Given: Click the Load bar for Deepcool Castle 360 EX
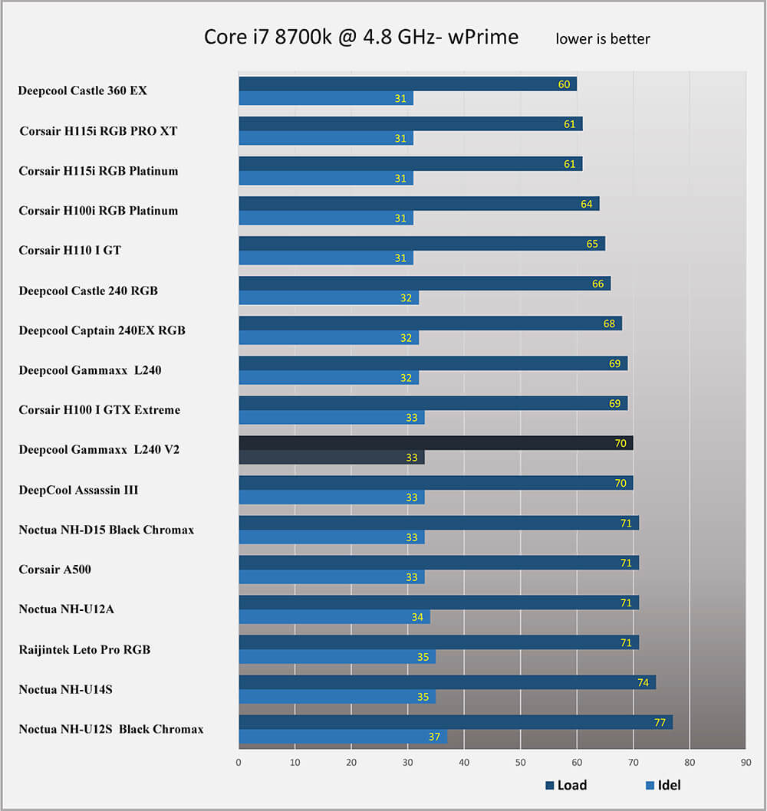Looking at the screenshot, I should pos(407,84).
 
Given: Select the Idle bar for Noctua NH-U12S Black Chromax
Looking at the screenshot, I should pos(342,737).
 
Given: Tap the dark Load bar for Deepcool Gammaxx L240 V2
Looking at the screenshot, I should pos(435,443).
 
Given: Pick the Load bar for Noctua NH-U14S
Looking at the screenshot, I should pos(446,682).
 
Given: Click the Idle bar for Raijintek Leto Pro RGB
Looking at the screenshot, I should pos(337,657).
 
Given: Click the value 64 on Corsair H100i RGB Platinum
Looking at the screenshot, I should pos(587,204).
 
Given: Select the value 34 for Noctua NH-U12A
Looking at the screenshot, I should pos(417,617).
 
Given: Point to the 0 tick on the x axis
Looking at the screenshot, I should pos(239,763).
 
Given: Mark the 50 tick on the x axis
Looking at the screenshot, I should pos(521,763).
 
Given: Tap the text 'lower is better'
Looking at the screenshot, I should pos(603,38).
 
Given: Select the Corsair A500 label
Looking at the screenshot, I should pos(55,570).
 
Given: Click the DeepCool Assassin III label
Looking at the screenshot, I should pos(78,490).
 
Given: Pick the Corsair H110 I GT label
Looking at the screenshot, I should pos(70,251).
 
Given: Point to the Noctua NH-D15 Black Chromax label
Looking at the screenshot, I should pos(106,530).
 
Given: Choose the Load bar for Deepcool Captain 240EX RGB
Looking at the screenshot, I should pos(430,323).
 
